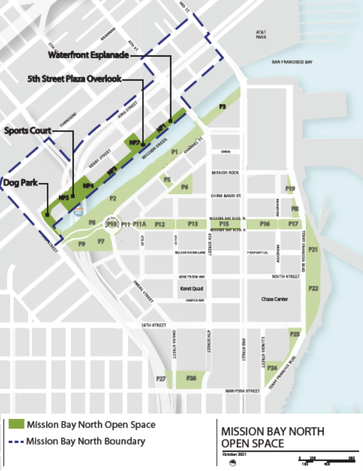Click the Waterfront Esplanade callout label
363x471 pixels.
pyautogui.click(x=88, y=56)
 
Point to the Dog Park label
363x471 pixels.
pyautogui.click(x=21, y=183)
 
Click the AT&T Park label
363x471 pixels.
pyautogui.click(x=261, y=35)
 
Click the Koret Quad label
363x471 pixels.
pyautogui.click(x=189, y=289)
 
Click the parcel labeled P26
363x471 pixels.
pyautogui.click(x=191, y=378)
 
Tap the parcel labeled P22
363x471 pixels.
pyautogui.click(x=313, y=289)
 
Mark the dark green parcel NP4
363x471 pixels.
pyautogui.click(x=88, y=186)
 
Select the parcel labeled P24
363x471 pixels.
pyautogui.click(x=273, y=368)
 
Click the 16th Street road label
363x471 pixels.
pyautogui.click(x=154, y=325)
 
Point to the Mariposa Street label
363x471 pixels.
pyautogui.click(x=243, y=391)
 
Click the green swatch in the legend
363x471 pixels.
pyautogui.click(x=15, y=425)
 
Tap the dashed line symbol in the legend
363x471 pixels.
pyautogui.click(x=15, y=441)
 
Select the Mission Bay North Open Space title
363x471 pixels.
pyautogui.click(x=273, y=437)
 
